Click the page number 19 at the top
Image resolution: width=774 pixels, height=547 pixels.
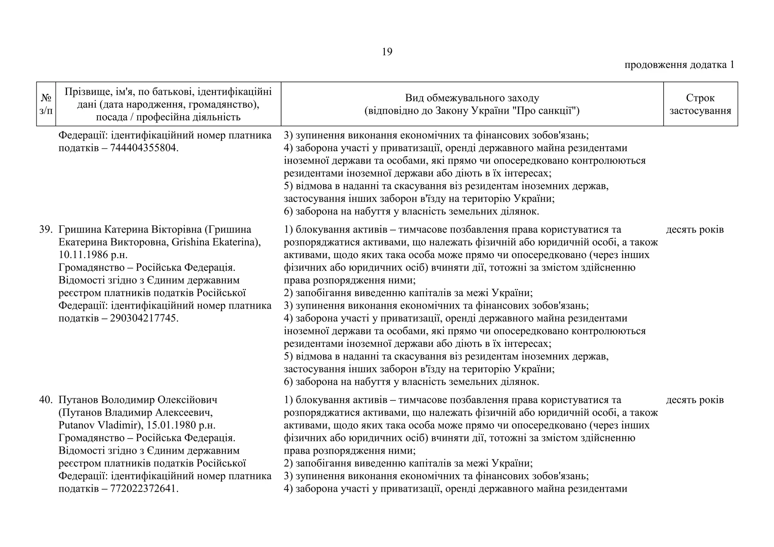coord(387,52)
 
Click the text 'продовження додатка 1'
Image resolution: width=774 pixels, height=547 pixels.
coord(679,65)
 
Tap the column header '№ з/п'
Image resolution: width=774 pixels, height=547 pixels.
coord(46,104)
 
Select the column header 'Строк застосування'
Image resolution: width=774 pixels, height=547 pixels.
coord(700,104)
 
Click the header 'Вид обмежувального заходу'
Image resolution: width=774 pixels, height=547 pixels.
coord(472,98)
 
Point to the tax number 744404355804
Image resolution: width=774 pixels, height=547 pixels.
coord(143,148)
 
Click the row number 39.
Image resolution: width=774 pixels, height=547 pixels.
coord(45,229)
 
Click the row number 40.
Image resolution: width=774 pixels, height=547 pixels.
coord(45,400)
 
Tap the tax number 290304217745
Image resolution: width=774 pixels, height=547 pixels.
coord(143,318)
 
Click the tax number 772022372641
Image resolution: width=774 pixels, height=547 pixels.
coord(143,488)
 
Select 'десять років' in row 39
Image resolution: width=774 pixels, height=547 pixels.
coord(695,229)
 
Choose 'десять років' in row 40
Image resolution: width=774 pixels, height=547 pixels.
coord(695,400)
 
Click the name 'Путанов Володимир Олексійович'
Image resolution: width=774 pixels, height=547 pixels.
coord(138,400)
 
